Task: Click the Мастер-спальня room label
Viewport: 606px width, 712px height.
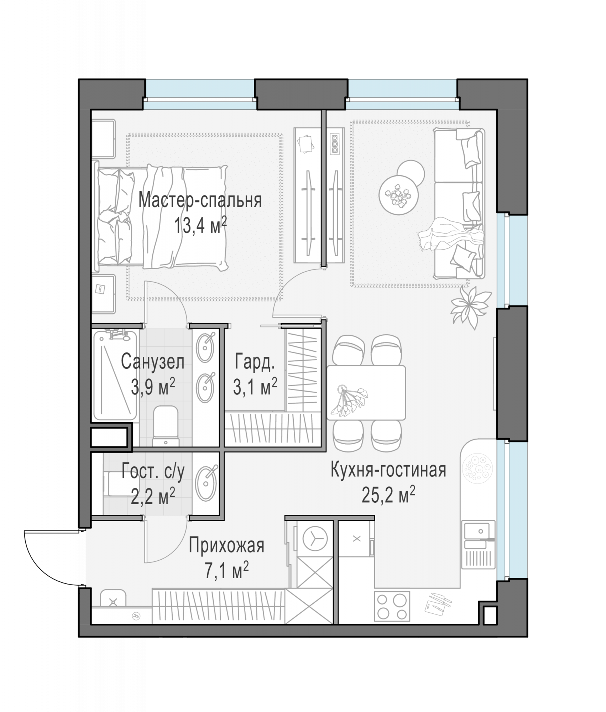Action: point(200,200)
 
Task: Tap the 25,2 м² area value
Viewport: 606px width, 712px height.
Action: point(388,495)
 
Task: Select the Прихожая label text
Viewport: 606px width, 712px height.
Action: point(226,545)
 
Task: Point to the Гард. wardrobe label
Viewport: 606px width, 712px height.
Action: point(255,362)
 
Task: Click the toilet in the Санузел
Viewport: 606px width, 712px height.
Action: point(166,426)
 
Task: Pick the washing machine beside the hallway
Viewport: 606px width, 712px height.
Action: point(315,540)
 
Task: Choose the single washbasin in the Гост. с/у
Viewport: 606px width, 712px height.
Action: point(207,483)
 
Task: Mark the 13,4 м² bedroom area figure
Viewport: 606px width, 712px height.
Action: point(200,225)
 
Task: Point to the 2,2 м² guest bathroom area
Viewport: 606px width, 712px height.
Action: point(153,496)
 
